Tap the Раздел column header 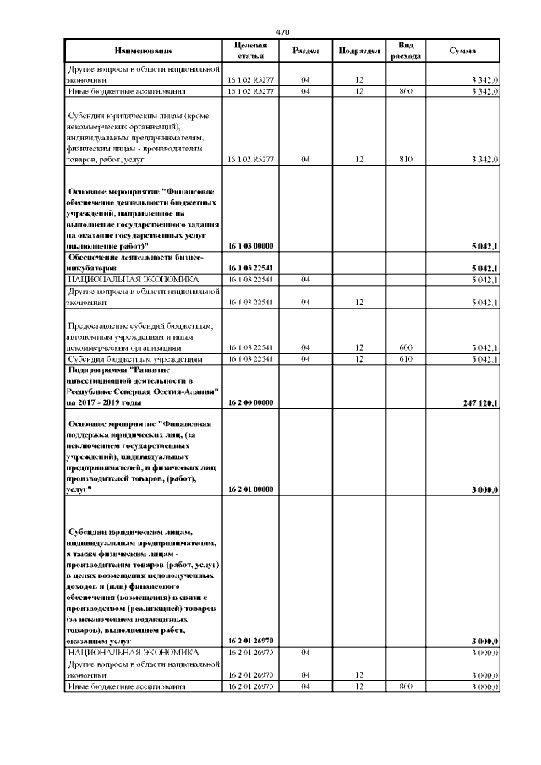coord(304,51)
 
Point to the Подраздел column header coord(358,51)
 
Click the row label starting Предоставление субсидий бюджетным coord(141,336)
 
